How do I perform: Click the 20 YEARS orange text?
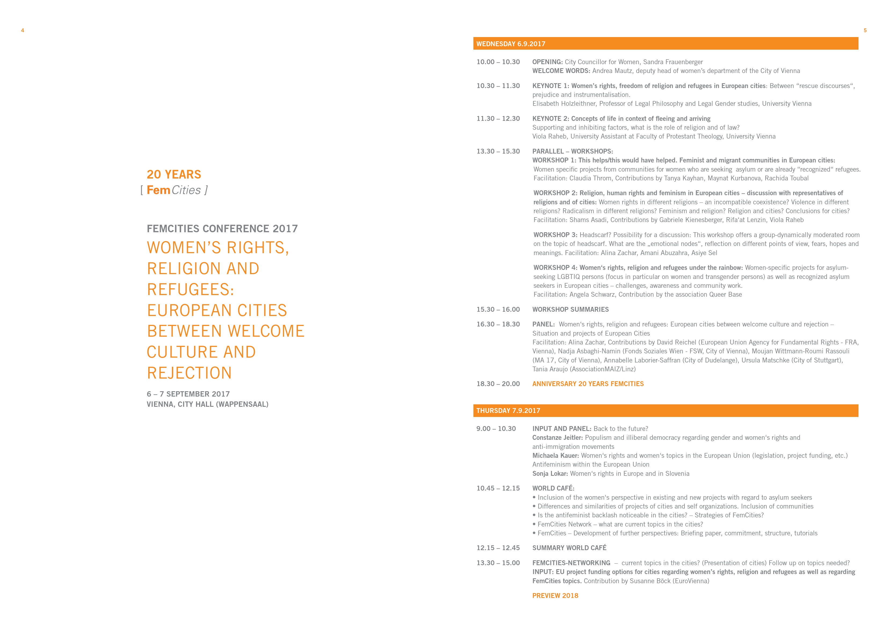tap(174, 175)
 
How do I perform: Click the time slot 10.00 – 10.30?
tap(498, 62)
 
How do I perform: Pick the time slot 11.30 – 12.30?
tap(498, 119)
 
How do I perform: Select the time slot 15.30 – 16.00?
tap(498, 309)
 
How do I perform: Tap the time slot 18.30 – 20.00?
tap(498, 384)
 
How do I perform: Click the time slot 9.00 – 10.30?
tap(496, 429)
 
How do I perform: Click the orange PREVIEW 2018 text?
tap(555, 596)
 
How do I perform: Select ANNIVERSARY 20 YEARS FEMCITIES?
tap(588, 384)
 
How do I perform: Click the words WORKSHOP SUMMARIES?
tap(570, 309)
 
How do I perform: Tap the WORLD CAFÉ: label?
tap(553, 488)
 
